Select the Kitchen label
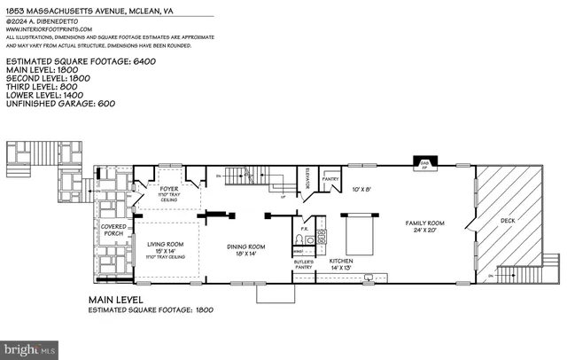[340, 262]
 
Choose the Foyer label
[168, 189]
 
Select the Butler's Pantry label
[304, 263]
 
